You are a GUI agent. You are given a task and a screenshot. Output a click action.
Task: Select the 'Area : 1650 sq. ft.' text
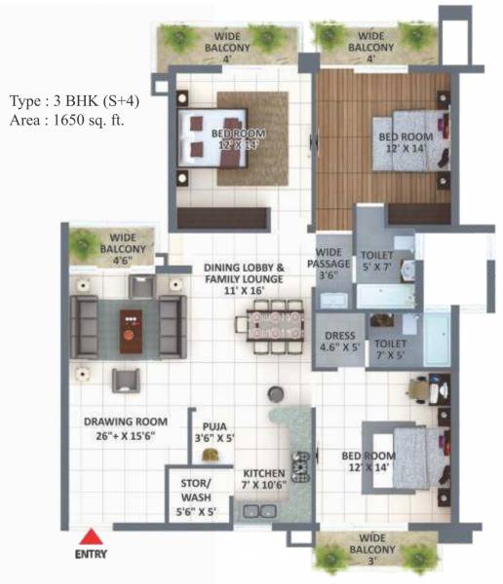pyautogui.click(x=66, y=121)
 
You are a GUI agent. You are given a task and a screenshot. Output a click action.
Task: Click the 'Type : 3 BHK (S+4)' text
pyautogui.click(x=72, y=101)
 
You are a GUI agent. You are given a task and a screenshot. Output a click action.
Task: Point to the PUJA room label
pyautogui.click(x=213, y=432)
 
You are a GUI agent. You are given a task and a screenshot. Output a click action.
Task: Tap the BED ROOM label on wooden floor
pyautogui.click(x=405, y=142)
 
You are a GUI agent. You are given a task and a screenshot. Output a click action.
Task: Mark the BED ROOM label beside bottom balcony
pyautogui.click(x=366, y=461)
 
